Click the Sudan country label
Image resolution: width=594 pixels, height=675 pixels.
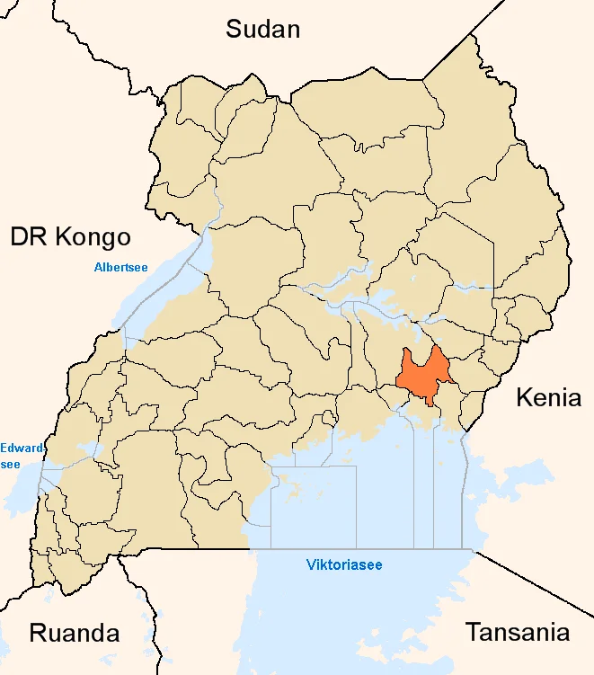[x=262, y=29]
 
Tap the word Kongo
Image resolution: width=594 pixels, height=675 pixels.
[x=93, y=237]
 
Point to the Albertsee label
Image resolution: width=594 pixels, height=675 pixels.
[x=120, y=267]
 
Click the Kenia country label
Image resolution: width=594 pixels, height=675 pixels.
[x=548, y=397]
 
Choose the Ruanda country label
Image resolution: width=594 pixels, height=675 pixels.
[x=75, y=632]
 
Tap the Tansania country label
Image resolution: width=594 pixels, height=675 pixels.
[x=517, y=632]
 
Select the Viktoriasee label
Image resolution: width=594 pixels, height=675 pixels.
[x=343, y=565]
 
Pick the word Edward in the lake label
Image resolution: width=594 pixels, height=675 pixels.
[x=17, y=448]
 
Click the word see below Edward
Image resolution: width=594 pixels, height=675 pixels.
[x=11, y=464]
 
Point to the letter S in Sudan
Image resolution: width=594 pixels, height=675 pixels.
[x=234, y=29]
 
